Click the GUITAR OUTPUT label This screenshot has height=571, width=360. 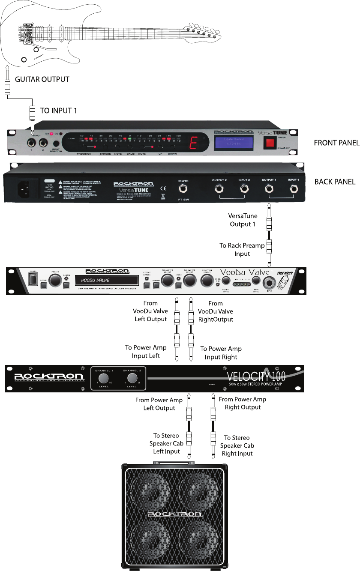[x=42, y=79]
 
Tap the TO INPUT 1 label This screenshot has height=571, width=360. [x=59, y=111]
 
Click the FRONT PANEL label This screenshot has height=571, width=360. [x=336, y=143]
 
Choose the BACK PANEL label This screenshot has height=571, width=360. [x=335, y=182]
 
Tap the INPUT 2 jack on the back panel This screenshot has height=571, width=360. [x=245, y=189]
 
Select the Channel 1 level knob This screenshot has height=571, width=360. [x=103, y=378]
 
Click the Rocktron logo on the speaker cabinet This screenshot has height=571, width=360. [x=173, y=513]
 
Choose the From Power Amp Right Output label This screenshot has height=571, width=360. [x=243, y=403]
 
